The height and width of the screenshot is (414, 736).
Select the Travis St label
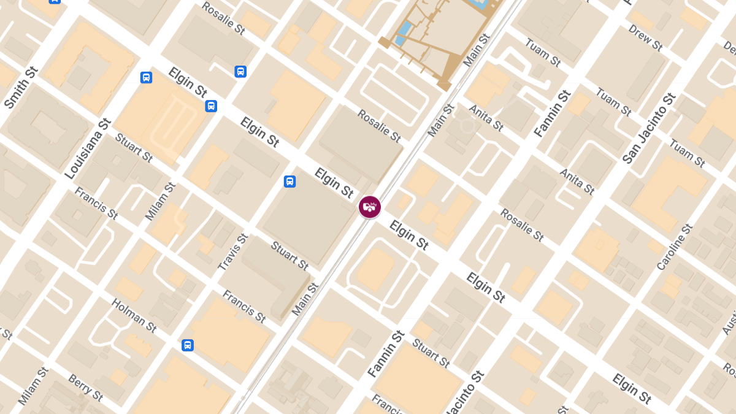(x=233, y=252)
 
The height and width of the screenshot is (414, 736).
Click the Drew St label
(x=645, y=38)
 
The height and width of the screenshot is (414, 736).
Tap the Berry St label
(x=85, y=388)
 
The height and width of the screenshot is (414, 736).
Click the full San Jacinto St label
(x=649, y=128)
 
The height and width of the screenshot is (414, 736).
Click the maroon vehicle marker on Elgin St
(x=370, y=207)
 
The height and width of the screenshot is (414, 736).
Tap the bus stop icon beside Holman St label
(x=188, y=345)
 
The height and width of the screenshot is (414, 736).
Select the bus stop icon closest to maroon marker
(x=289, y=182)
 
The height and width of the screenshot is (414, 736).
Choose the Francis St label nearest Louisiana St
(x=96, y=203)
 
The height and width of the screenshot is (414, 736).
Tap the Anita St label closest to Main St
(x=486, y=118)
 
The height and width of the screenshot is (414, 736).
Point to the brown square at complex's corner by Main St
(x=445, y=86)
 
